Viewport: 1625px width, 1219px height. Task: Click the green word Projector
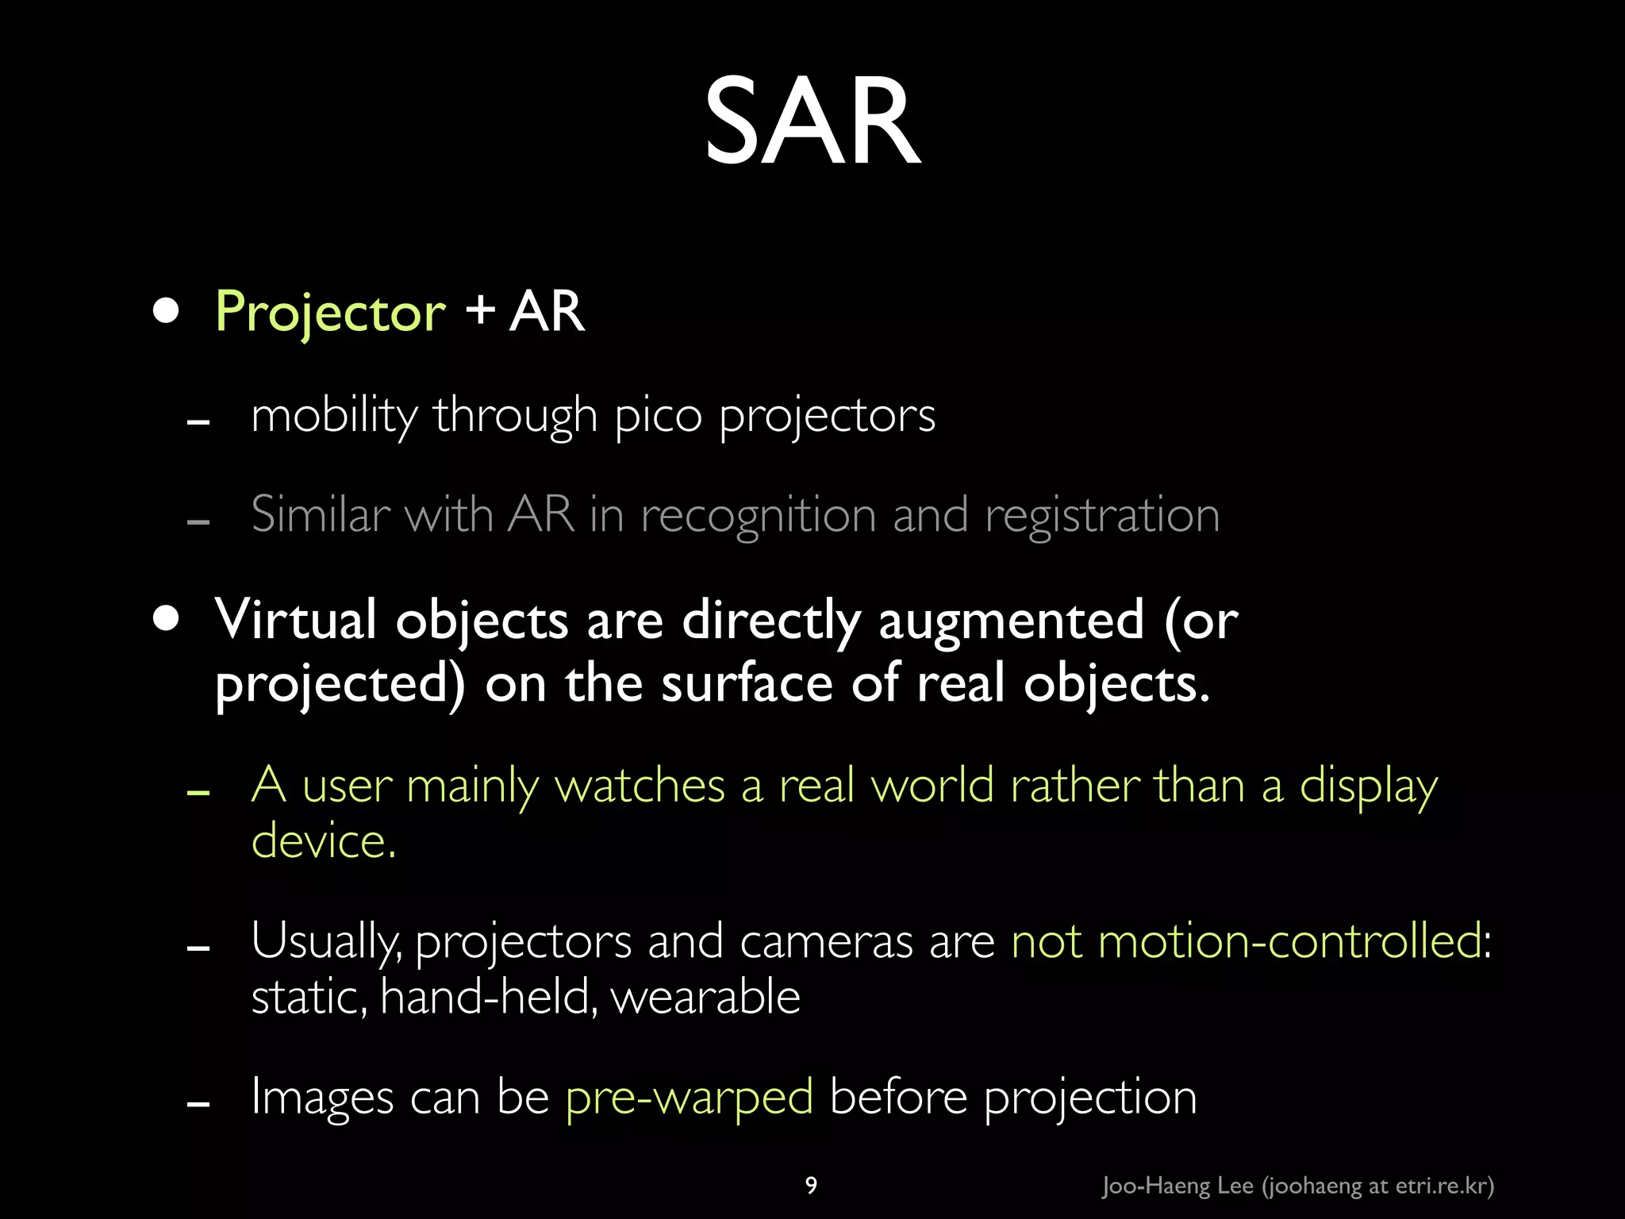pos(330,312)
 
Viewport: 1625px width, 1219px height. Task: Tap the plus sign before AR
pos(480,310)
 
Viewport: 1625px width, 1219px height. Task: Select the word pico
pos(658,416)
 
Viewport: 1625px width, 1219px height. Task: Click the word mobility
pos(333,416)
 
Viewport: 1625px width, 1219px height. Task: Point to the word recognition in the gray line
pos(758,516)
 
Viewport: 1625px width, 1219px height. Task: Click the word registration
pos(1101,516)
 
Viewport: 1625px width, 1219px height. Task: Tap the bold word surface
pos(747,684)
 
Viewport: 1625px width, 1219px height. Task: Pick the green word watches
pos(640,786)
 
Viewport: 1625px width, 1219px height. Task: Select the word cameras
pos(826,942)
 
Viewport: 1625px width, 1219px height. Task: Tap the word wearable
pos(705,998)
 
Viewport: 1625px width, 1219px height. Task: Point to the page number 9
pos(811,1186)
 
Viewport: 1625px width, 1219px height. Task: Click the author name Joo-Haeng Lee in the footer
pos(1177,1186)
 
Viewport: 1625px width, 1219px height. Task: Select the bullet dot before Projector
pos(166,310)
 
